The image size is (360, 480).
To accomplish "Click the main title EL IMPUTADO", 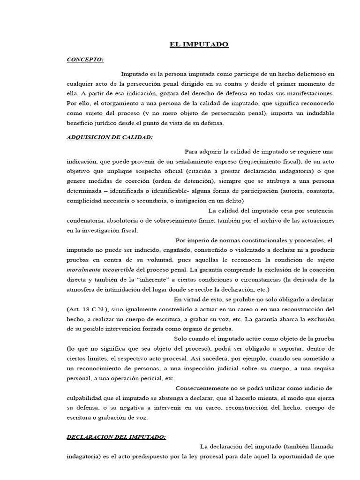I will [x=199, y=45].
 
